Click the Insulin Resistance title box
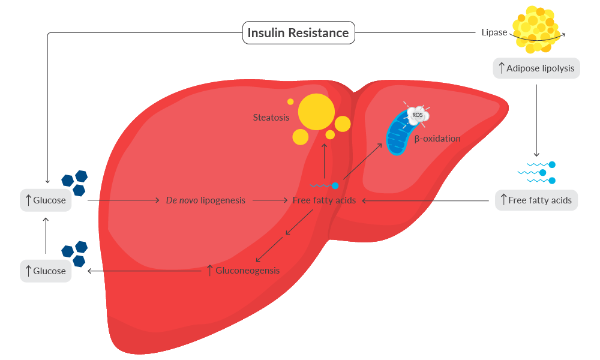tap(298, 32)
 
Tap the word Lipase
tap(494, 32)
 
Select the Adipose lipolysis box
tap(536, 68)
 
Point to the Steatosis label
tap(271, 118)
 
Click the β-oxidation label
tap(437, 139)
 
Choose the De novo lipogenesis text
tap(205, 200)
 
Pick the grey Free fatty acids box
tap(536, 200)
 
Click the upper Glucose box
tap(46, 200)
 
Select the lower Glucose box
tap(46, 271)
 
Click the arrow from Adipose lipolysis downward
tap(536, 120)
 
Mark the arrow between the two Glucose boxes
tap(46, 236)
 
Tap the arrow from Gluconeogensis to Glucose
tap(144, 271)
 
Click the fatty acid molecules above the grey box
tap(537, 173)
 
